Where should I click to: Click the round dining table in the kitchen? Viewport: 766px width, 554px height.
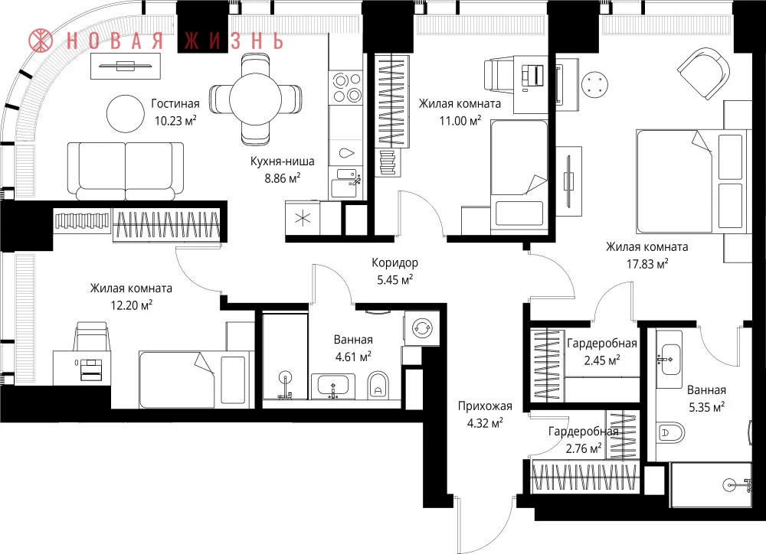tap(256, 99)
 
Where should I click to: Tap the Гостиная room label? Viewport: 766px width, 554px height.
tap(175, 103)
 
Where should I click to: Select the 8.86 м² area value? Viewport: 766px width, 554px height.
tap(283, 178)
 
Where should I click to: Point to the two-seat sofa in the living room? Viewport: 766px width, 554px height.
tap(126, 171)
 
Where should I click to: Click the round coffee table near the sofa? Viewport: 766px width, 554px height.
tap(126, 113)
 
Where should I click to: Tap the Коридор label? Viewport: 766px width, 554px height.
tap(394, 262)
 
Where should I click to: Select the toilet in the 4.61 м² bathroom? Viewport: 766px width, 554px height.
tap(377, 386)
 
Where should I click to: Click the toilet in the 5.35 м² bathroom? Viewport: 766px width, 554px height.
tap(671, 432)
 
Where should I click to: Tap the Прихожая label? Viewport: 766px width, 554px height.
tap(485, 406)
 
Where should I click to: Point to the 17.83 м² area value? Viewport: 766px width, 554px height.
tap(647, 264)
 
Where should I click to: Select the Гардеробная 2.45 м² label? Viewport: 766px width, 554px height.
tap(602, 351)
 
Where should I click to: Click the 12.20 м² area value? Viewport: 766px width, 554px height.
tap(132, 306)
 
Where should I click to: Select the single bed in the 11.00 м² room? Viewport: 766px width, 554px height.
tap(519, 174)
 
